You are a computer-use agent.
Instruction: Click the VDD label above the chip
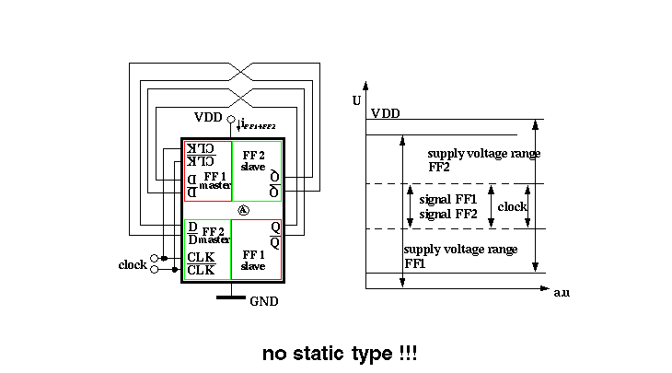[x=209, y=117]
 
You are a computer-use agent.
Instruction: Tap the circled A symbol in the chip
[x=244, y=210]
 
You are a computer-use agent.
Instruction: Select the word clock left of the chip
[x=133, y=265]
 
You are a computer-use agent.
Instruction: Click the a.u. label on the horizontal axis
[x=562, y=292]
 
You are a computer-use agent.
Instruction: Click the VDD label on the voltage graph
[x=386, y=113]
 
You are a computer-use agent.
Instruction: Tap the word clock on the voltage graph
[x=512, y=207]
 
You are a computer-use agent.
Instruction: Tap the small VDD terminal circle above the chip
[x=231, y=118]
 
